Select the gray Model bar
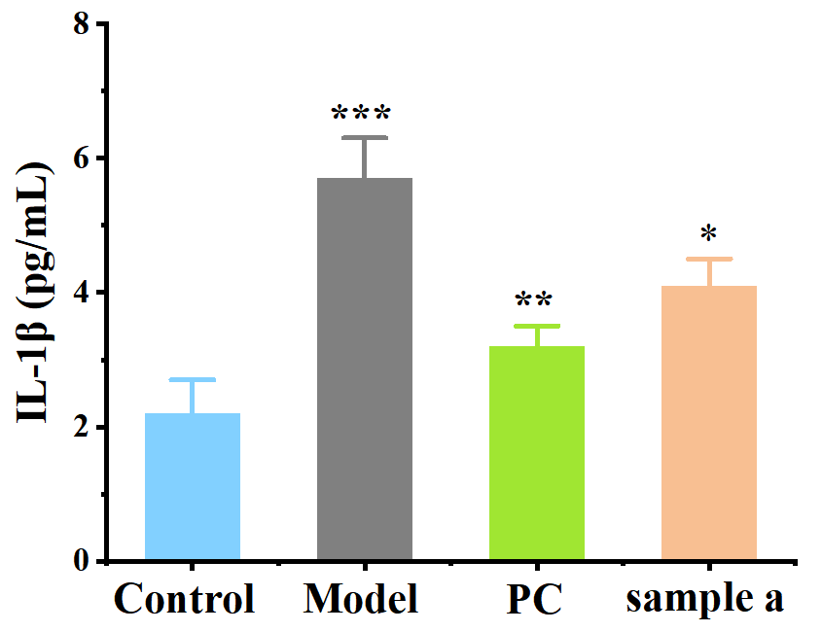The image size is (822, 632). click(365, 369)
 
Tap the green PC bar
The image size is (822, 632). click(537, 453)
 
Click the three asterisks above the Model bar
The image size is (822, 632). click(361, 115)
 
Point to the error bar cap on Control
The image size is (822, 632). click(193, 379)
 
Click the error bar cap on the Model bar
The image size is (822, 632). click(365, 138)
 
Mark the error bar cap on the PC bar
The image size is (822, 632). click(537, 326)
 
